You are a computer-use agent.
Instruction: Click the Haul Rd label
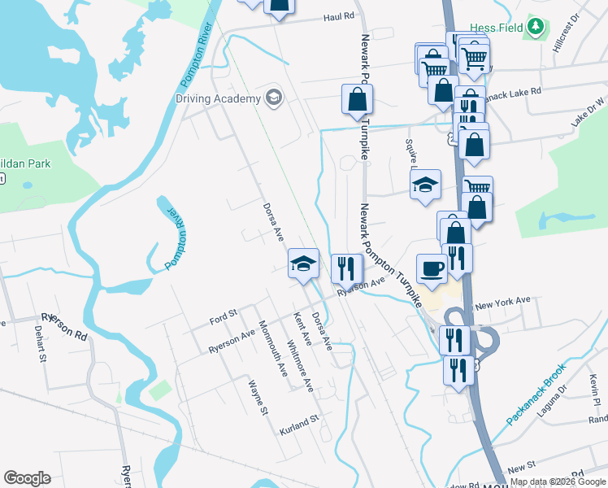[339, 15]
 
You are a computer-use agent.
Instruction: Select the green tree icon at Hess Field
[535, 28]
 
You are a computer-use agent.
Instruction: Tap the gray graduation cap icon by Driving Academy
[274, 98]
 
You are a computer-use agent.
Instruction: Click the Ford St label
[222, 314]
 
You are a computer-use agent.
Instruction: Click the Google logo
[27, 478]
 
